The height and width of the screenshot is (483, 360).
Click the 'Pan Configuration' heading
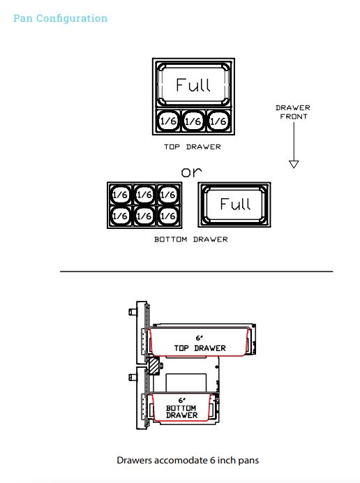point(61,18)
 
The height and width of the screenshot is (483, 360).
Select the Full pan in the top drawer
point(193,84)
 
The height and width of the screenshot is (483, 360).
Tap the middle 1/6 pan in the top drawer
point(193,121)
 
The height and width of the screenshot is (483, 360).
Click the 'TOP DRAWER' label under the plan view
point(193,147)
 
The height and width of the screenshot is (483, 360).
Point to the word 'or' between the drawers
point(191,172)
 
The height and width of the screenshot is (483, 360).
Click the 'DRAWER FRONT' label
point(293,112)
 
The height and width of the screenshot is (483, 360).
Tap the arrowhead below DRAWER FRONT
point(294,164)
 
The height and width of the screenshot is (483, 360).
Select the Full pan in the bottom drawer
point(234,205)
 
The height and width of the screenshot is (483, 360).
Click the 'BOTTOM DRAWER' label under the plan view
point(191,239)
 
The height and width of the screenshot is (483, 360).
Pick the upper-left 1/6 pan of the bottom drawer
point(120,194)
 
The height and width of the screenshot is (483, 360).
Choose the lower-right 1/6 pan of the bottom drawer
point(168,216)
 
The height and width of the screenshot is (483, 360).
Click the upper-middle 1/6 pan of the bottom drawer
point(144,194)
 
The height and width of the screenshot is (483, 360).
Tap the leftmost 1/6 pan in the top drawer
point(168,121)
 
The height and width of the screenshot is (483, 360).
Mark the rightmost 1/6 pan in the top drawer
point(218,121)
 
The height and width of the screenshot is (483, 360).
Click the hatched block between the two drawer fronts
point(154,366)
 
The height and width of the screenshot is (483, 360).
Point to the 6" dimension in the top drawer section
point(200,338)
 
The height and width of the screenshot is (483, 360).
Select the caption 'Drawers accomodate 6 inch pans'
point(188,460)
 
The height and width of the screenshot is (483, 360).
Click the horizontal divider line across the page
point(197,272)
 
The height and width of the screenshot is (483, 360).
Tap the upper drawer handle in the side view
point(133,312)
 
